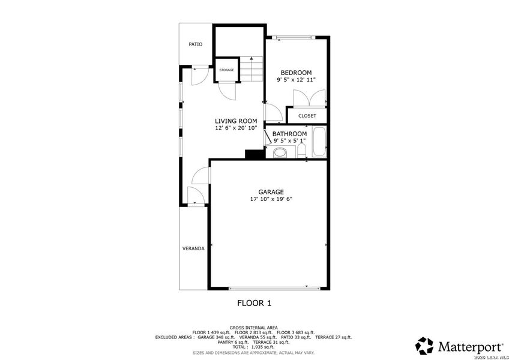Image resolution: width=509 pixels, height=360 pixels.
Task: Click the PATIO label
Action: tap(195, 44)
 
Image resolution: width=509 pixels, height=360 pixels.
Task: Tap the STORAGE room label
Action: tap(226, 70)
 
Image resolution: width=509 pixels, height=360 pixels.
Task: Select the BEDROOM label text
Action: tap(296, 73)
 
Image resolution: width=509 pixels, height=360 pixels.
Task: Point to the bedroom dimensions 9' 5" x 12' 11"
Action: tap(296, 79)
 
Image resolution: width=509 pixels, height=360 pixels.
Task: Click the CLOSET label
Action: tap(307, 116)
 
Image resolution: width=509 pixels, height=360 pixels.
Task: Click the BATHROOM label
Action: tap(289, 134)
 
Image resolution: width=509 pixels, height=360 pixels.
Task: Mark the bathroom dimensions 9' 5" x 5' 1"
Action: tap(289, 141)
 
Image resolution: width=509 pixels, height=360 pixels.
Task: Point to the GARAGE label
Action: tap(271, 192)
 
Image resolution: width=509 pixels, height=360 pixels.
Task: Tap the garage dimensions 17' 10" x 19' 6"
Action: tap(271, 199)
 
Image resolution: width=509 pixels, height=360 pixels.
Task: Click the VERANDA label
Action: tap(193, 248)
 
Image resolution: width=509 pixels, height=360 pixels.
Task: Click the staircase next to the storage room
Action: tap(253, 69)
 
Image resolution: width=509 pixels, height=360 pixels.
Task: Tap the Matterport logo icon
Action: tap(424, 346)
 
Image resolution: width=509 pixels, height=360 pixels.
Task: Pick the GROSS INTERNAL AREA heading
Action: tap(253, 328)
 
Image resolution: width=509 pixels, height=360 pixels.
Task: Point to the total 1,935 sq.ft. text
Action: tap(253, 347)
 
